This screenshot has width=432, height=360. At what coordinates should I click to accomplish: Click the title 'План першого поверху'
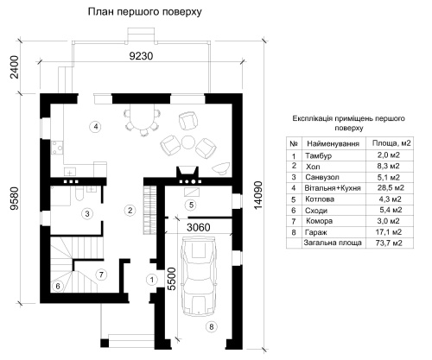pos(144,12)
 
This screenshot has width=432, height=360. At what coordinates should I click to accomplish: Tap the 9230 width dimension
pos(141,56)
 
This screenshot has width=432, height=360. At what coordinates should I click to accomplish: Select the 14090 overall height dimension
pos(258,195)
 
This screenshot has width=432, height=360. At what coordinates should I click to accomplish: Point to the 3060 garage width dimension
pos(199,227)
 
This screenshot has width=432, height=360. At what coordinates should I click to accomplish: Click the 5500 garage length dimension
pos(171,279)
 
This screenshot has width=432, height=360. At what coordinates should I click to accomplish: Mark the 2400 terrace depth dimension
pos(14,66)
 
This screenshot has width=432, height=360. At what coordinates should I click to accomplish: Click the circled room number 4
pos(96,126)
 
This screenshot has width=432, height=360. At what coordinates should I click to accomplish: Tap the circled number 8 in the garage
pos(212,326)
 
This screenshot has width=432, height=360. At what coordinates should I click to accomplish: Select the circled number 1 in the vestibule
pos(151,280)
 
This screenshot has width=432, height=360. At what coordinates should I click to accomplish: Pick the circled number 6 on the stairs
pos(58,286)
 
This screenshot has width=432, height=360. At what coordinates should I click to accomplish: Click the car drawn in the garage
pos(200,275)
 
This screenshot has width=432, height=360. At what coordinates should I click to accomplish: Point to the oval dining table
pos(143,119)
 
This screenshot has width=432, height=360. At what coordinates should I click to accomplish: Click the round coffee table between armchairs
pos(188,142)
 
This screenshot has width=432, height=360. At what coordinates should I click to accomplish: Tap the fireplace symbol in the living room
pos(187,172)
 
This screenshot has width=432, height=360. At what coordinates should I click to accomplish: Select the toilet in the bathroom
pos(78,193)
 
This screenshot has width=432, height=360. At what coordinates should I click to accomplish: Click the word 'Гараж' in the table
pos(316,232)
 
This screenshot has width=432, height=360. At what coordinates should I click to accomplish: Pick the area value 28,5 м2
pos(391,188)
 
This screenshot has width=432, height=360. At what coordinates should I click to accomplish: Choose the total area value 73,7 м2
pos(389,243)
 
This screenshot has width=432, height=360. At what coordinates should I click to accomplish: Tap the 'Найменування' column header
pos(334,143)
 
